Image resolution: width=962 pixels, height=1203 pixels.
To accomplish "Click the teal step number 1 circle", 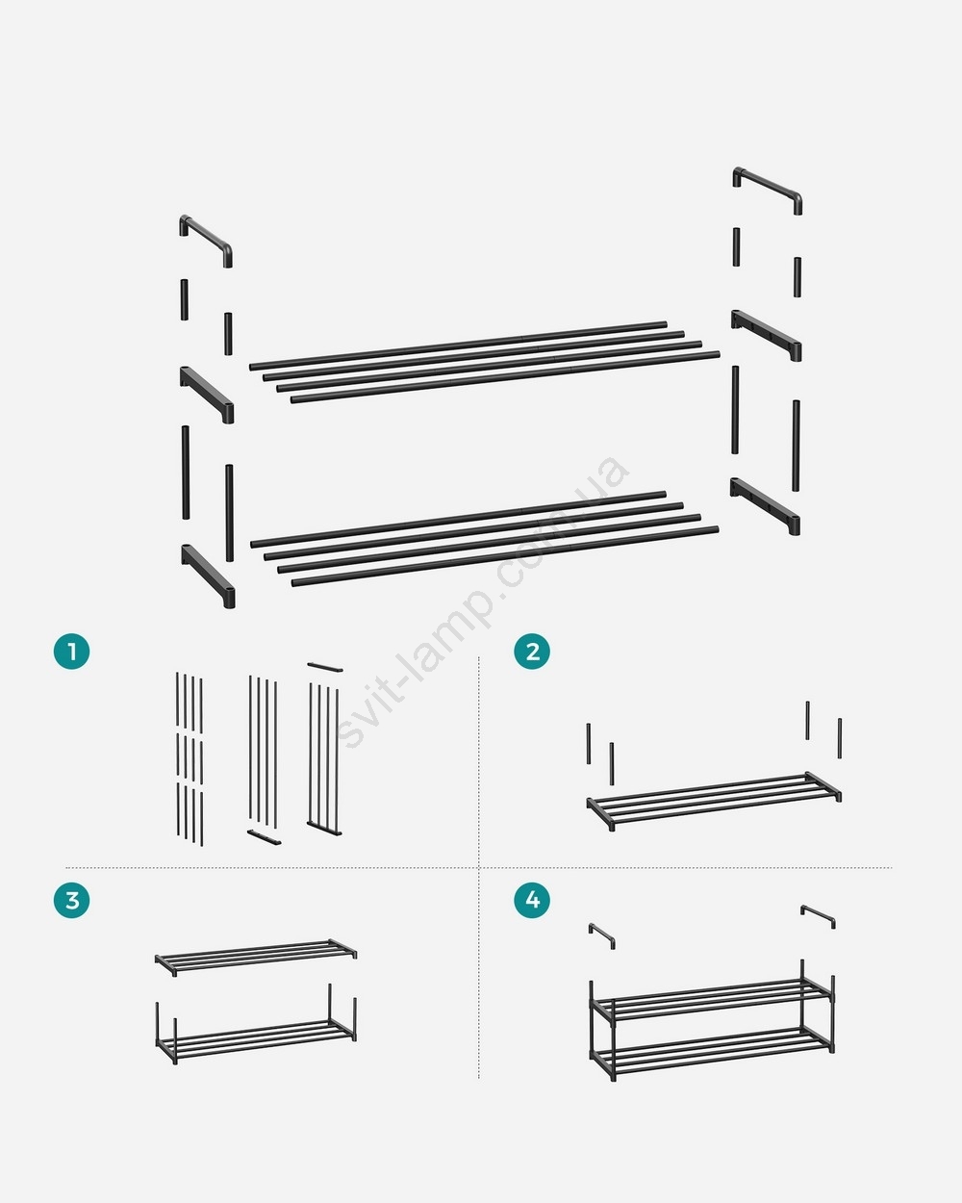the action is coord(71,652).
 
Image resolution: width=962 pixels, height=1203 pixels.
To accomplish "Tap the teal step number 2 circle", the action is coord(532,652).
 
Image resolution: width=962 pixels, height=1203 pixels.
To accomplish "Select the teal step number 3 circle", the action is coord(71,900).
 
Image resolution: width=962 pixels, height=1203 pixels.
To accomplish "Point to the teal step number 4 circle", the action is coord(532,900).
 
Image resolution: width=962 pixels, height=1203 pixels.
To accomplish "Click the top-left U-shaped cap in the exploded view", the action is coord(206,235).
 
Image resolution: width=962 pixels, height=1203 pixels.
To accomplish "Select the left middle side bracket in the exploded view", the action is coord(207,392).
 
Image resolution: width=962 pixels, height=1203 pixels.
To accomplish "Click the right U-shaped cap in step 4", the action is coord(818,915).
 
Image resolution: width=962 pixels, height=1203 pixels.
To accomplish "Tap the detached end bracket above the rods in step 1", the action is coord(325,667).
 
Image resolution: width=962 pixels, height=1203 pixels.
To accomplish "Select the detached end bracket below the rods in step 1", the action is coord(264,837).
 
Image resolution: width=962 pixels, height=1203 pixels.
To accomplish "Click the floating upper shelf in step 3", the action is coord(256,957).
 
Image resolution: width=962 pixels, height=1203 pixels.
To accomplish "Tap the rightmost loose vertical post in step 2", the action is coord(839,738).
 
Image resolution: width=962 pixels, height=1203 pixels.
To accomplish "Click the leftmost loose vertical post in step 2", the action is coord(588,744).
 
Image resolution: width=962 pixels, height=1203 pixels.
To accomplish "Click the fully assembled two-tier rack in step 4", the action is coord(712,1022).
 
